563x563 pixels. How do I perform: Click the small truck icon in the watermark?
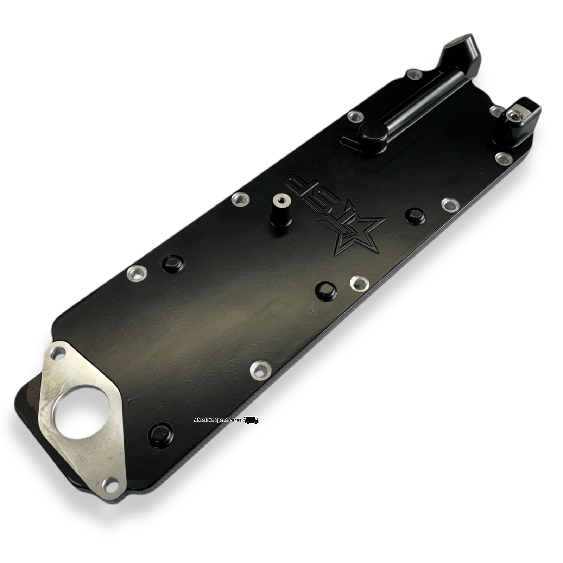pyautogui.click(x=251, y=420)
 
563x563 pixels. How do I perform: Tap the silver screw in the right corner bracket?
pyautogui.click(x=515, y=114)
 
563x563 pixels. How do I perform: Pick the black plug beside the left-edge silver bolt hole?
pyautogui.click(x=172, y=263)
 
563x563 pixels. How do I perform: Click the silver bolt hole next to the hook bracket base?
pyautogui.click(x=413, y=75)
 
